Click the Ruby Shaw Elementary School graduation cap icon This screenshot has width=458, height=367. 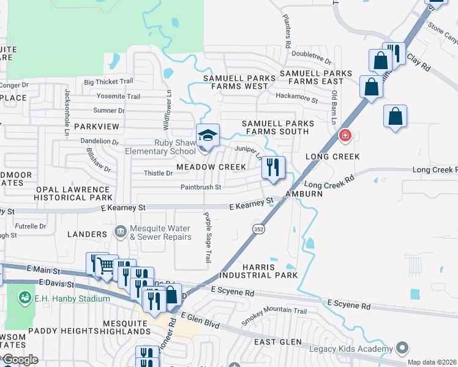pos(208,135)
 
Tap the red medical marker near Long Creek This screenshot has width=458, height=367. pos(345,135)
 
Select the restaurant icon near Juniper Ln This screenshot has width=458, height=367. pos(273,167)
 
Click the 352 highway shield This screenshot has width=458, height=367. pos(258,228)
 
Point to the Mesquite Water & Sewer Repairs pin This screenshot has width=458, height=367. pos(120,231)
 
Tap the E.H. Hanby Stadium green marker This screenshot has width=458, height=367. pos(25,298)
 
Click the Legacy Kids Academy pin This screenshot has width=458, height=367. pos(402,347)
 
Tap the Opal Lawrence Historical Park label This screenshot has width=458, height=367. pos(73,193)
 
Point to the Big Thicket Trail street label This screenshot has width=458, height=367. pos(108,81)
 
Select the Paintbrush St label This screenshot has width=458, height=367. pos(200,187)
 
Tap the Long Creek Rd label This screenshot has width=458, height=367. pos(329,183)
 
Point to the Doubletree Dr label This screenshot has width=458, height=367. pos(311,54)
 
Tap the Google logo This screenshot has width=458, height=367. pos(20,360)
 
